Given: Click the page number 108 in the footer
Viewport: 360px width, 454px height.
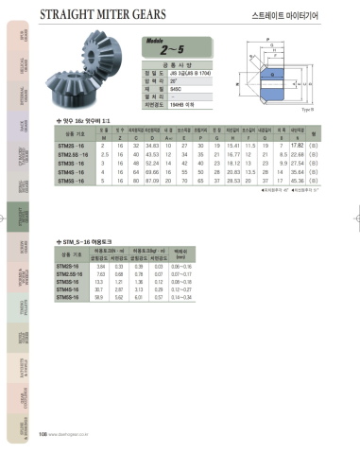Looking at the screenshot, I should pyautogui.click(x=43, y=434).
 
